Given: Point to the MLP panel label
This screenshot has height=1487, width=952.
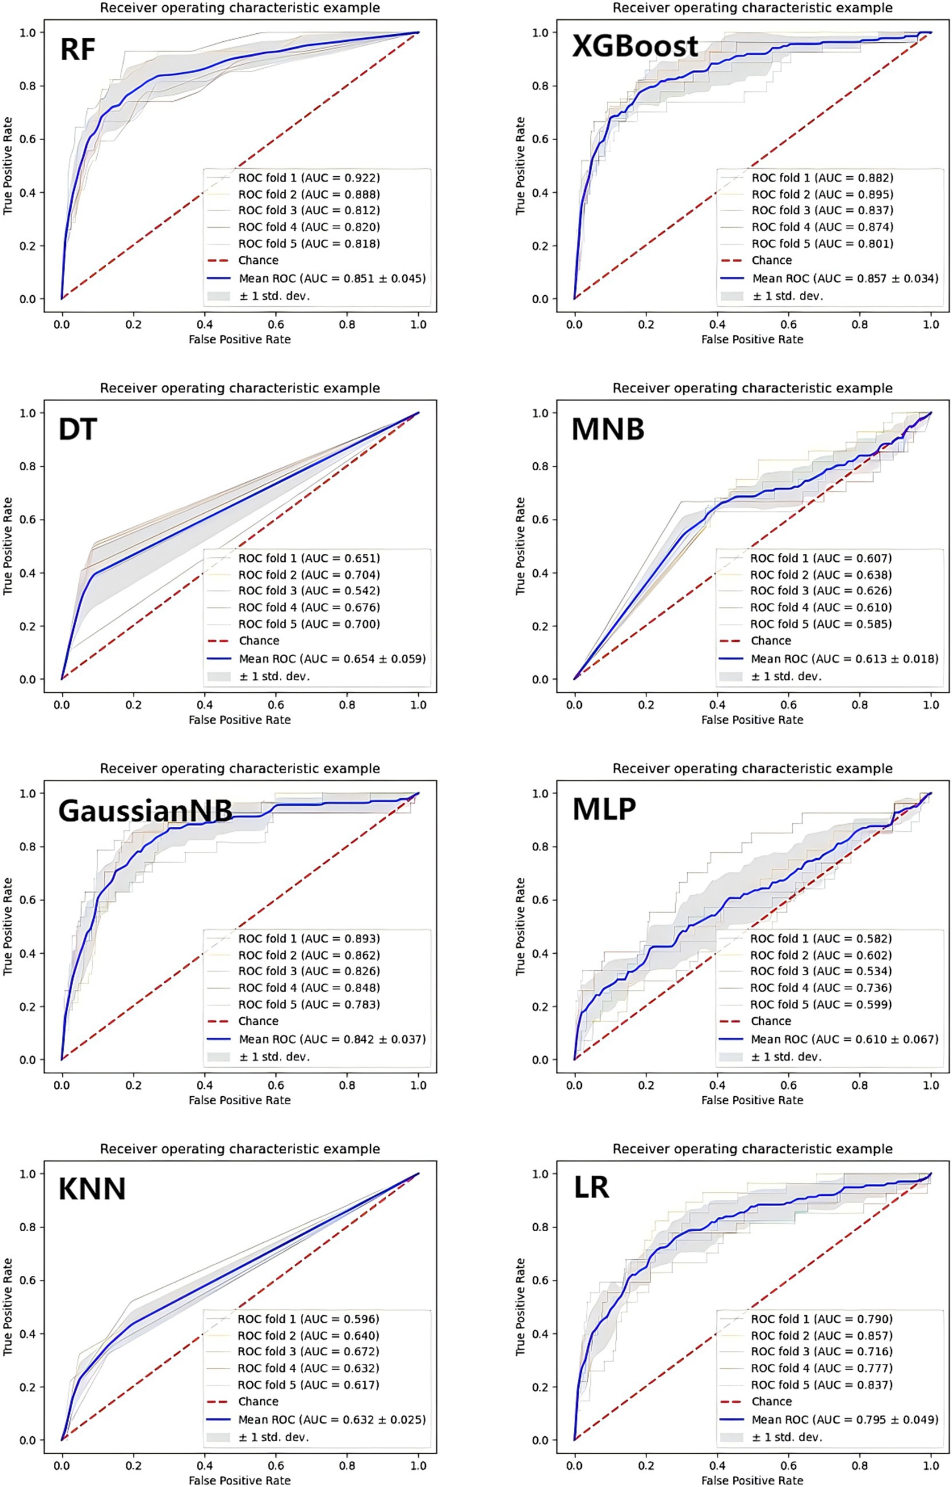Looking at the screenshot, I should coord(604,809).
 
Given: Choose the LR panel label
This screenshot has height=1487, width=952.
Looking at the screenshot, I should coord(591,1187).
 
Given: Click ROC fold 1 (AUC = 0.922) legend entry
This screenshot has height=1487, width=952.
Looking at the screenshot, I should coord(309,178).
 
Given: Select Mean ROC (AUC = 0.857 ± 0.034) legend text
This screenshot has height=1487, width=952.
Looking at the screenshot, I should coord(845,279).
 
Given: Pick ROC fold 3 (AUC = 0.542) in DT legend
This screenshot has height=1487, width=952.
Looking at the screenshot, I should coord(309,591).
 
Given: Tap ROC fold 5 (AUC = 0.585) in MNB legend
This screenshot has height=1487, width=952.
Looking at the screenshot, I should coord(821,624).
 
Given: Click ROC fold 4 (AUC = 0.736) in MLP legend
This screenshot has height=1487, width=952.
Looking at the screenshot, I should coord(821,988).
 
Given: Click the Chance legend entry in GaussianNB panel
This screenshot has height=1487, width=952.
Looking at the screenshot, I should coord(259,1021).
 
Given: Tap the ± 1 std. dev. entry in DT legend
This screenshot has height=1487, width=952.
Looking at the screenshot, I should coord(274,676).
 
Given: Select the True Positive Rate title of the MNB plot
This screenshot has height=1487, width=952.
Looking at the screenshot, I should coord(520,546).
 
